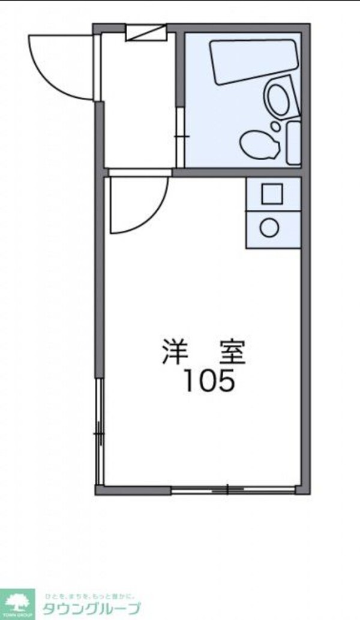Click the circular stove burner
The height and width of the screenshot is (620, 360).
coord(269,228)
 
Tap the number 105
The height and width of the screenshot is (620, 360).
coord(208,381)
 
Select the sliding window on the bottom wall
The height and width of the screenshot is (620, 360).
coord(229,489)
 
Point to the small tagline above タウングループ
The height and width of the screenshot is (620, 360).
coord(90,595)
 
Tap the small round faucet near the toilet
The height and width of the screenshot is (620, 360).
coord(275,127)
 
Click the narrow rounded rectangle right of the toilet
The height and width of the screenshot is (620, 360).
coord(293,143)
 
